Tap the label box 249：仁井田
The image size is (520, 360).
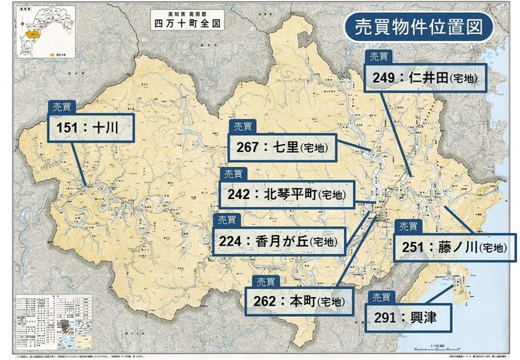[426, 77]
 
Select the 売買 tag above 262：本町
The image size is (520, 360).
[265, 281]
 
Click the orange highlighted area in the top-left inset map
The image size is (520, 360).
[31, 35]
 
